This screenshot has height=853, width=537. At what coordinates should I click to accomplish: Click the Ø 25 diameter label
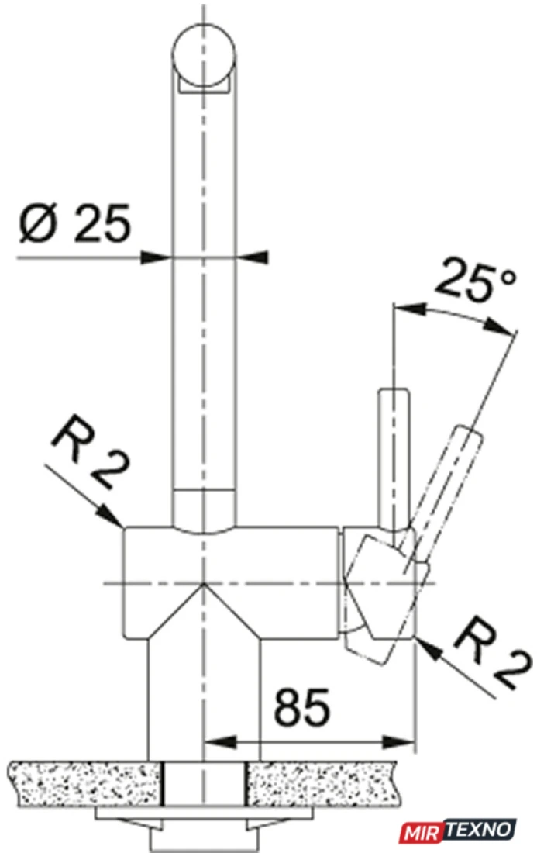point(75,223)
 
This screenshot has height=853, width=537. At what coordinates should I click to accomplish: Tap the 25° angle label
point(475,280)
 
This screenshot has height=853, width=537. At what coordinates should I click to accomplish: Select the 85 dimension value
point(302,707)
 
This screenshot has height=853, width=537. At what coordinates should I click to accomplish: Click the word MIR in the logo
point(422,832)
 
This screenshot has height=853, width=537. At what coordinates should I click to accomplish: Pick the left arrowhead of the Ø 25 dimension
point(156,257)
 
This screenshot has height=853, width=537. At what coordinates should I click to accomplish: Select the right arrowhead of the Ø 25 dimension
point(252,257)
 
